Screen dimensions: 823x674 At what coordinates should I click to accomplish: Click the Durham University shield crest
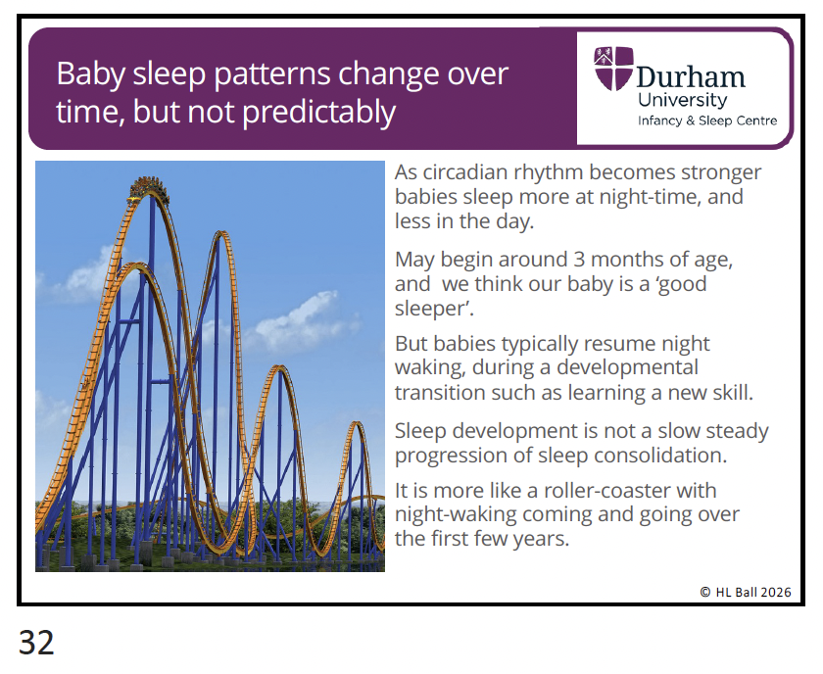[x=613, y=69]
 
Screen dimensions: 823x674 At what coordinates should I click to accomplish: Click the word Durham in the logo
[x=690, y=77]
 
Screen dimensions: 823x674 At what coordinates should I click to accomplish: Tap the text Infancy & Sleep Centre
[x=707, y=120]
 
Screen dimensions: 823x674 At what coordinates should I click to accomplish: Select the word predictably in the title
[x=319, y=113]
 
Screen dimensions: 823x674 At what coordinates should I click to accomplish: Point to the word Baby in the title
[x=91, y=74]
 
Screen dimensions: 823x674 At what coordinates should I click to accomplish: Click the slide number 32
[x=36, y=642]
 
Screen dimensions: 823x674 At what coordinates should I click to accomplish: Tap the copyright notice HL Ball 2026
[x=746, y=592]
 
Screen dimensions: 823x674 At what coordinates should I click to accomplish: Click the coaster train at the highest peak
[x=150, y=189]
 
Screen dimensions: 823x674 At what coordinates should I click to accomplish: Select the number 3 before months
[x=579, y=260]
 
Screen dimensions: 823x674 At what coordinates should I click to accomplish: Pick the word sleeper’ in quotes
[x=434, y=309]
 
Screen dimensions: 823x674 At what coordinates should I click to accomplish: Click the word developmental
[x=627, y=367]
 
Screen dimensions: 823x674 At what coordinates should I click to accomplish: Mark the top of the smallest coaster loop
[x=357, y=422]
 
